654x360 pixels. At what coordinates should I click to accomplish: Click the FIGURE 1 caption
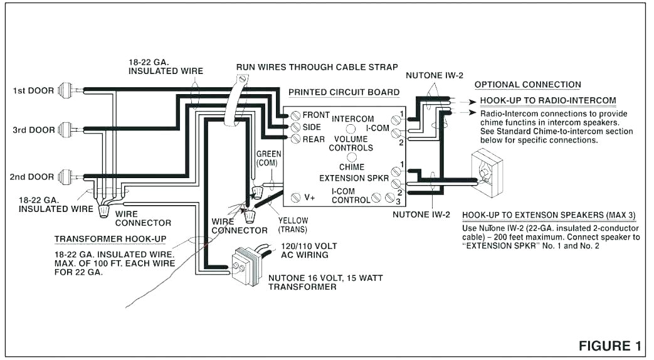tap(609, 346)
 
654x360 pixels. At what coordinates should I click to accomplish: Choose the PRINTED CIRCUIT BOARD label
tap(344, 92)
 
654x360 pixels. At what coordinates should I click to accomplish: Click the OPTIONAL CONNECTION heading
tap(527, 85)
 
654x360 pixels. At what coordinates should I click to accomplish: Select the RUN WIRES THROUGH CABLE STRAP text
tap(317, 67)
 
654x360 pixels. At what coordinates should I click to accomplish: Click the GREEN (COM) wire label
tap(268, 158)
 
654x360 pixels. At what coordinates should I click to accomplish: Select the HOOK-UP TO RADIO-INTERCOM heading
tap(547, 100)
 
